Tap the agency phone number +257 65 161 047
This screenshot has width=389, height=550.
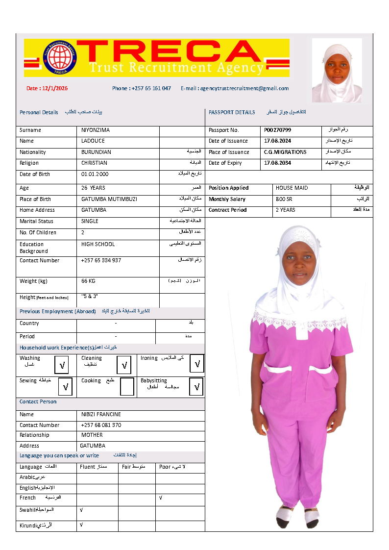(x=142, y=88)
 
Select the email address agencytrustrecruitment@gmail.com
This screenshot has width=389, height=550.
(x=235, y=88)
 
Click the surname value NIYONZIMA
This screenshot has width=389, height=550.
(x=96, y=130)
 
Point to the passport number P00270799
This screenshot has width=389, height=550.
(x=277, y=130)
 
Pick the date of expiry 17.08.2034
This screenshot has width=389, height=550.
(x=277, y=163)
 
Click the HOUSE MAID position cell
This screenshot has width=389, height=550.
(x=292, y=188)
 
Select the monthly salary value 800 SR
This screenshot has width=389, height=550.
(x=284, y=200)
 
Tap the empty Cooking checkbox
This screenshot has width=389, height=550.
(x=127, y=387)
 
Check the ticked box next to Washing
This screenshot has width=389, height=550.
(x=62, y=365)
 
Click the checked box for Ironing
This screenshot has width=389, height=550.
(x=197, y=364)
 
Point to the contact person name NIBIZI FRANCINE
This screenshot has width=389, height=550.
(x=101, y=415)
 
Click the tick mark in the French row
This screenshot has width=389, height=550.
(x=161, y=498)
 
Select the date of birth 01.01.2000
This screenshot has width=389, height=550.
(x=95, y=175)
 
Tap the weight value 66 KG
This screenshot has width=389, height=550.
(x=88, y=281)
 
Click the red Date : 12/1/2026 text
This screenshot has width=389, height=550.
(x=47, y=89)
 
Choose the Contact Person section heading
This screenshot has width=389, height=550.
(x=38, y=402)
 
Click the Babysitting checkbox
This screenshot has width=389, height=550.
(x=196, y=387)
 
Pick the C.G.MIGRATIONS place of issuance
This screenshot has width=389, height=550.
(x=285, y=152)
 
